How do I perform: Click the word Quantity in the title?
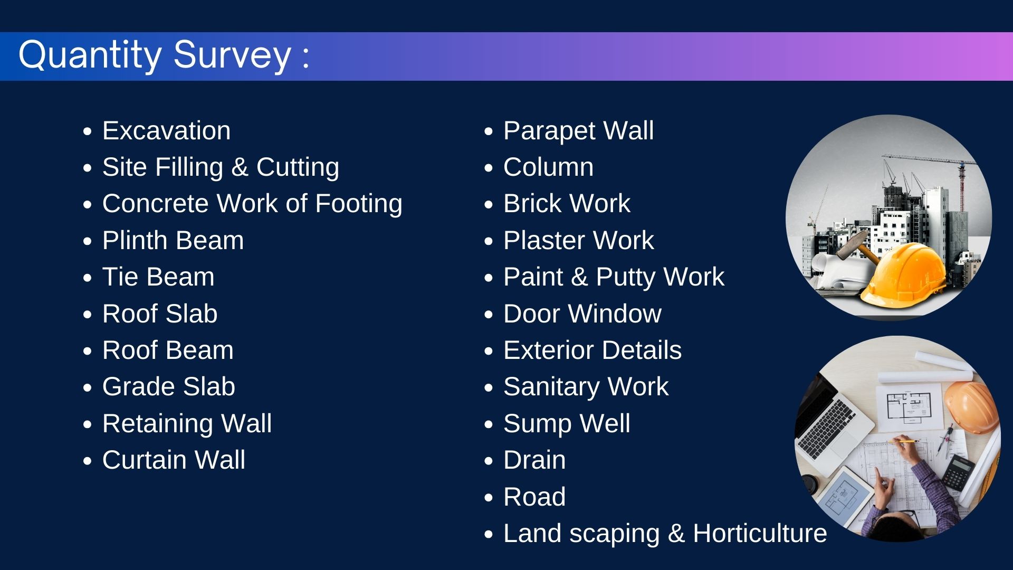(90, 55)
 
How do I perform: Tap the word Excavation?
(166, 130)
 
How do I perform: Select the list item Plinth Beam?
(173, 240)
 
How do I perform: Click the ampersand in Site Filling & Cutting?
(240, 167)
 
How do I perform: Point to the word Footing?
(359, 204)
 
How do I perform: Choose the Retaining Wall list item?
(187, 423)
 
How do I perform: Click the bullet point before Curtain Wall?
(88, 461)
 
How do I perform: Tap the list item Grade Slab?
(169, 386)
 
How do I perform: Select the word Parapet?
(549, 131)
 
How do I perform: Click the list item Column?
(549, 167)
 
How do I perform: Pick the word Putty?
(626, 278)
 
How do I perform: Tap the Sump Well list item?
(567, 423)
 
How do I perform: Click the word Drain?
(534, 460)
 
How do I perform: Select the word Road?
(534, 497)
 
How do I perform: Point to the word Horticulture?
(760, 533)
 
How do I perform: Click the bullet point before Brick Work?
(489, 205)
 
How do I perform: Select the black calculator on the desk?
(958, 472)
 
